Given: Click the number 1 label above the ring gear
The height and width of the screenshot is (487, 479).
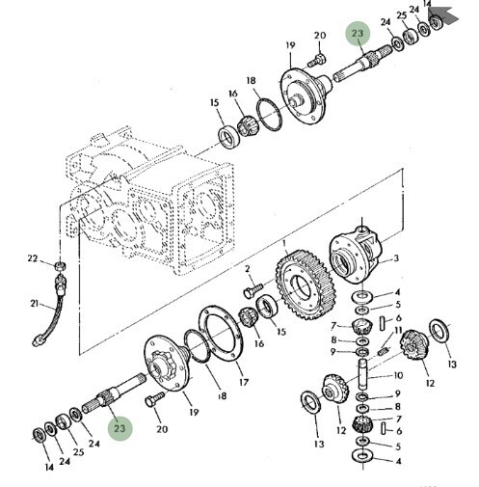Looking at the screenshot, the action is (284, 244).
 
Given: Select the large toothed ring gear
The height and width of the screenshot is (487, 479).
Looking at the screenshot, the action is (306, 284).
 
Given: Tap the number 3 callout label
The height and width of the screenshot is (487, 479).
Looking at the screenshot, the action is (396, 257).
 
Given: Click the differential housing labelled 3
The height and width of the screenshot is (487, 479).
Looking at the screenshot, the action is (356, 255).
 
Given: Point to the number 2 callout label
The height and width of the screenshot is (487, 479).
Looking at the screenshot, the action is (248, 269).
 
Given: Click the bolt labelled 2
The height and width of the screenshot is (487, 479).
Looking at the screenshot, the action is (253, 289).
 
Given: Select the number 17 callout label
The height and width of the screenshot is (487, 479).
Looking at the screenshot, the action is (244, 382).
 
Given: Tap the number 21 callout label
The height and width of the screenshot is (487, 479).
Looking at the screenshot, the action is (34, 303).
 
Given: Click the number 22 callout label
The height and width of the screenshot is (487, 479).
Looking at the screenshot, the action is (32, 258).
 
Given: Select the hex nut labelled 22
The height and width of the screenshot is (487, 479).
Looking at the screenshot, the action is (60, 266).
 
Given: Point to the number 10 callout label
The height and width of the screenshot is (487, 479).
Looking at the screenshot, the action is (398, 375).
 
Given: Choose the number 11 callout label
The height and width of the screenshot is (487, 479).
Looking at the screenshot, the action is (398, 330).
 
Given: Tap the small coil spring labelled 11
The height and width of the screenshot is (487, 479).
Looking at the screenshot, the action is (384, 352).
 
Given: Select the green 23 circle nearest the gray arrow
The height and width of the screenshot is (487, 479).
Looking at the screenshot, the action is (358, 34).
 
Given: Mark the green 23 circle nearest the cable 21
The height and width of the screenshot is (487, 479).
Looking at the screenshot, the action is (120, 428).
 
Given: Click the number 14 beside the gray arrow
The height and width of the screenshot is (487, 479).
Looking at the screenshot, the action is (427, 4).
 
